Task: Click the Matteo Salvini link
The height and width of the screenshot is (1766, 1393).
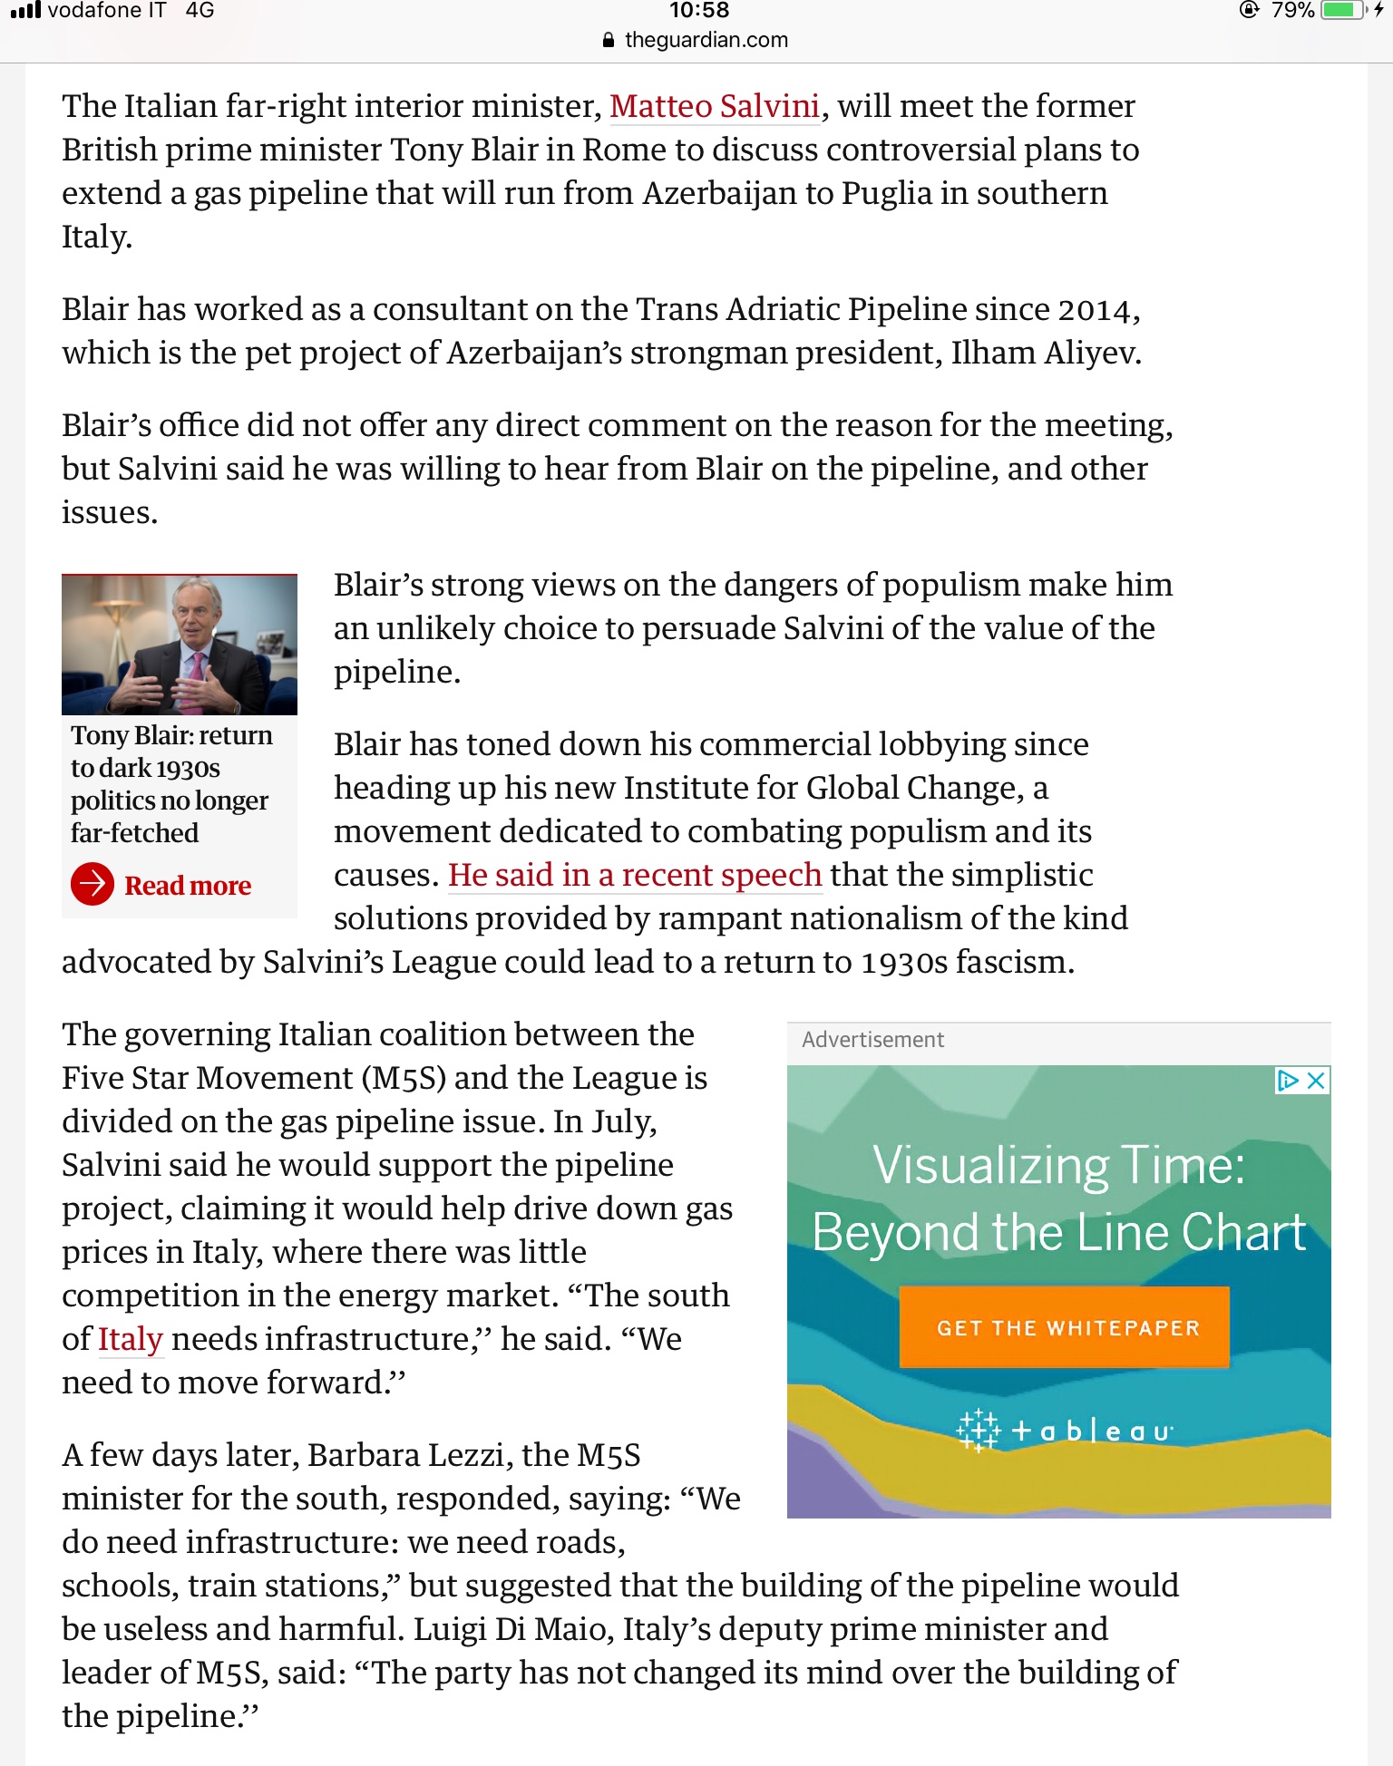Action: click(x=715, y=107)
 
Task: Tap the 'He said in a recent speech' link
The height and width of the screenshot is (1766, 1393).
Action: click(x=635, y=875)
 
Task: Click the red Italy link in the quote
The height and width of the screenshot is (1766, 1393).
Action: click(x=131, y=1339)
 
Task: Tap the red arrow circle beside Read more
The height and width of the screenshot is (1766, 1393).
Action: click(x=93, y=884)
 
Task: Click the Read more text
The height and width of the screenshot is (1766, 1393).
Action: click(x=188, y=886)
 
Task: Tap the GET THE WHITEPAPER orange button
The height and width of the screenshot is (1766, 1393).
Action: click(x=1065, y=1327)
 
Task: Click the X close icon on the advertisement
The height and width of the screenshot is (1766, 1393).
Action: click(x=1317, y=1080)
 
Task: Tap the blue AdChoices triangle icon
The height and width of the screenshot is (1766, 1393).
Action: click(x=1288, y=1080)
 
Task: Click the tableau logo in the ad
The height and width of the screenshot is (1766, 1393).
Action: click(x=1065, y=1431)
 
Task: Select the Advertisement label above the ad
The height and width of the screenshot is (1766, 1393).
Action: click(x=872, y=1040)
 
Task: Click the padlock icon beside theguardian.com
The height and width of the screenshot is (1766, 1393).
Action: click(x=609, y=41)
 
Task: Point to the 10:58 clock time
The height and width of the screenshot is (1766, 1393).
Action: click(x=699, y=11)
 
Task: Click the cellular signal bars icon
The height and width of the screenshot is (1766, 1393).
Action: click(x=25, y=11)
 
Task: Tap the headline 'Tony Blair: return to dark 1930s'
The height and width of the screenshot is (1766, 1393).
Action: click(x=171, y=752)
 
